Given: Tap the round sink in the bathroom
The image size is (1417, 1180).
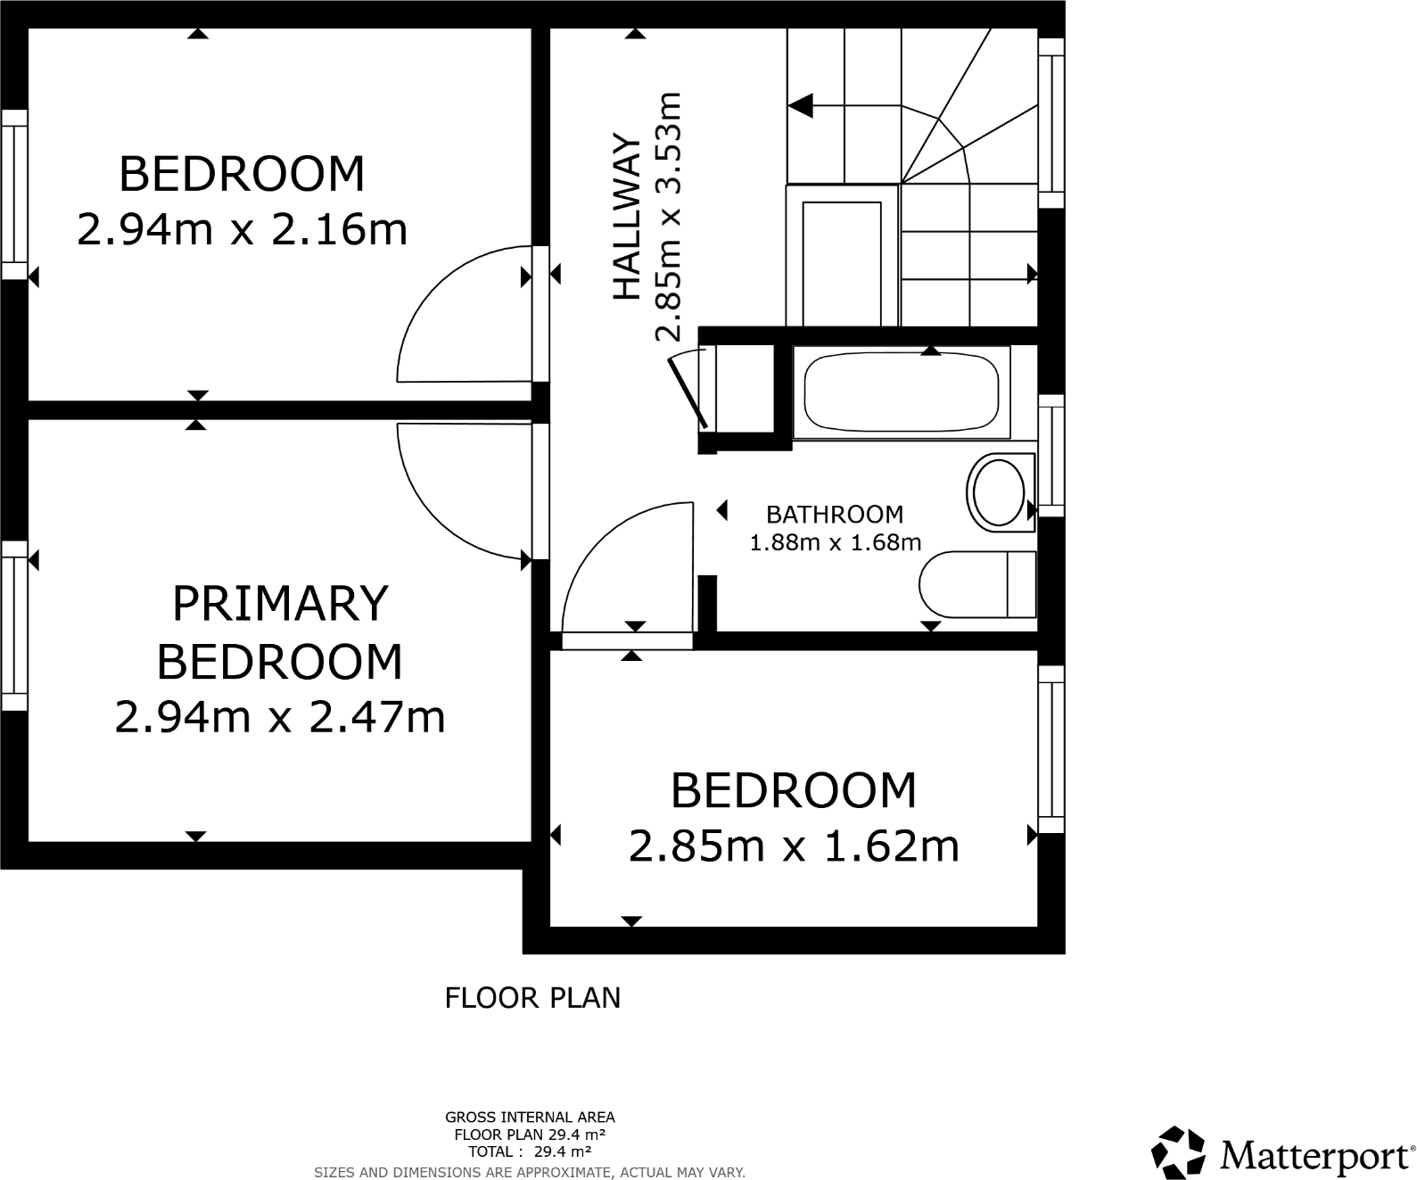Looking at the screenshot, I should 999,491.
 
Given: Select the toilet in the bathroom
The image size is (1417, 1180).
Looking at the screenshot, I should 976,584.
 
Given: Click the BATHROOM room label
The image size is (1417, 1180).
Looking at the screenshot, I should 835,514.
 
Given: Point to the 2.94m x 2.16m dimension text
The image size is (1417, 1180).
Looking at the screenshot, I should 242,230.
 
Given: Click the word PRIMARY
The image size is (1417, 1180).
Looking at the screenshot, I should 279,604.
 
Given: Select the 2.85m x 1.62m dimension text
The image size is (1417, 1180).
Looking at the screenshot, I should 794,846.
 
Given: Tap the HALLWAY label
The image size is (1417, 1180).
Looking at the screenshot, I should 627,216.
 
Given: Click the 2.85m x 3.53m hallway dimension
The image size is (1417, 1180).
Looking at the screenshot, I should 669,216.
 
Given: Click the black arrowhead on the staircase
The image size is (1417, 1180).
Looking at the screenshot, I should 801,105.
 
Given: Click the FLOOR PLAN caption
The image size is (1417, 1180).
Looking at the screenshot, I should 532,997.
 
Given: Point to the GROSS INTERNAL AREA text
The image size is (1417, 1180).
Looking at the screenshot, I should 530,1117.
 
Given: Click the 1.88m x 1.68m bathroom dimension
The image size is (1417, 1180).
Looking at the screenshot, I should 835,542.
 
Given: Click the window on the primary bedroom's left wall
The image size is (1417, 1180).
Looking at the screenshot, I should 13,624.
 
